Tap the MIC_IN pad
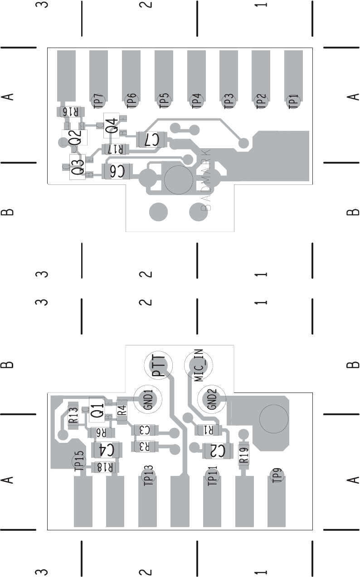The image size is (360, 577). [x=199, y=365]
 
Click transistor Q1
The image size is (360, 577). [x=97, y=410]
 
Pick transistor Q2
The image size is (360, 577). [x=75, y=137]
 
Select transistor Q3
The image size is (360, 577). [x=78, y=167]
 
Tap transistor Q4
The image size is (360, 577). [x=112, y=125]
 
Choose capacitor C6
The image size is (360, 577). [x=117, y=172]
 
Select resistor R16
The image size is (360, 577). [x=70, y=111]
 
